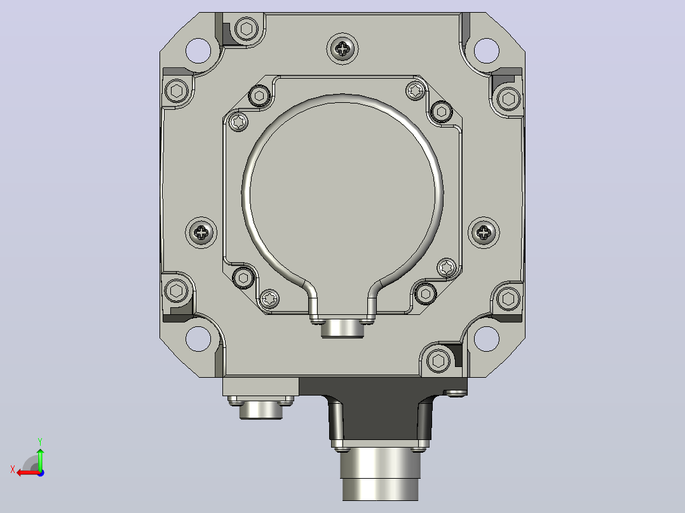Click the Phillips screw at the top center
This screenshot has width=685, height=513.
point(342,48)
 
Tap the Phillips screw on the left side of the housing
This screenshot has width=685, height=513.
point(201,232)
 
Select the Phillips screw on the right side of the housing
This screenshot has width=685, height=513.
point(484,232)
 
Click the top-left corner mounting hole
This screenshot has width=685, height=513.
point(198,51)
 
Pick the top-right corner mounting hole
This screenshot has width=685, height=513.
point(486,51)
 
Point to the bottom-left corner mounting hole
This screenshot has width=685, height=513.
point(198,339)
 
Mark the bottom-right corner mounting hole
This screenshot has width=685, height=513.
point(486,339)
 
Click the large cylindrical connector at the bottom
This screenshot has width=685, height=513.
point(380,474)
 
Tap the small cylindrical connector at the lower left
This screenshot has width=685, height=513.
point(261,410)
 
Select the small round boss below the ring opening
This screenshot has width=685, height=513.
point(342,328)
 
